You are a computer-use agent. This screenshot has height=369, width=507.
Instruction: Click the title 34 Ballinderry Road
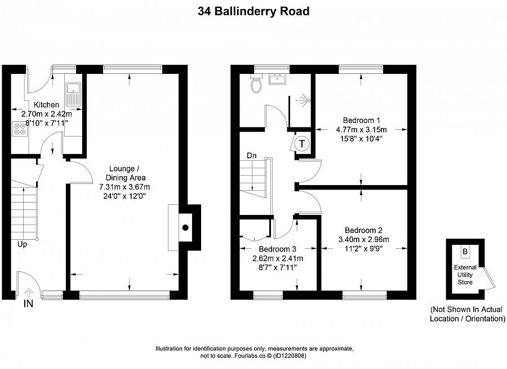point(253,12)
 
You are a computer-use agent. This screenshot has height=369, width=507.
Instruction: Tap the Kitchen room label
point(47,104)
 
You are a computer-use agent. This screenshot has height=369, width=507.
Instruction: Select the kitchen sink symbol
point(73,94)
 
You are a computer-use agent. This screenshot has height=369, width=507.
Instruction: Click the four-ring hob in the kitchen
point(20,128)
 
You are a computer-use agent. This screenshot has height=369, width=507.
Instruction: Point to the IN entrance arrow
point(29,293)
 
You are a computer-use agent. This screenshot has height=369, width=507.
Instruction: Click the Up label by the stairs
point(23,244)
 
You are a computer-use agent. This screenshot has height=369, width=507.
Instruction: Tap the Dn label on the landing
point(252,156)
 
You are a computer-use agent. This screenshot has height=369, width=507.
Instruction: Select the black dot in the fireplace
point(185,227)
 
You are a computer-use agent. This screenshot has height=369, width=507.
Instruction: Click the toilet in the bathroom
point(256,84)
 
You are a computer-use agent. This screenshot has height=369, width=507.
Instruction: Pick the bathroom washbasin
point(277,79)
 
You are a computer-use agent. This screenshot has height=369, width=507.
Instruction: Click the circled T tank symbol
point(302,143)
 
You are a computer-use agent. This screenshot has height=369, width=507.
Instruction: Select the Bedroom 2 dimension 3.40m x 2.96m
point(364,240)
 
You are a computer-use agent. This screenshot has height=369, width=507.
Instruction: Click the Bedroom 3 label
point(277,249)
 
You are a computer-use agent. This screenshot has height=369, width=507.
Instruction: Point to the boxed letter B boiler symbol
point(465,252)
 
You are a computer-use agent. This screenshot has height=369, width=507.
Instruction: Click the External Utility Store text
point(465,275)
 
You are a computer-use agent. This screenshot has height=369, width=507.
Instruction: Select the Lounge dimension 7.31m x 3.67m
point(124,187)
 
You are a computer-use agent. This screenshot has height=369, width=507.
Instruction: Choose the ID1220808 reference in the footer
point(290,355)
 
